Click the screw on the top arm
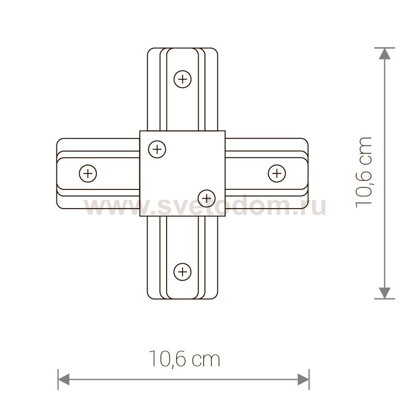(x=183, y=79)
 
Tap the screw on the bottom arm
(x=182, y=272)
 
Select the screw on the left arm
(x=88, y=173)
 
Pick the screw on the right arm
(x=277, y=173)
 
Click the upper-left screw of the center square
(x=157, y=150)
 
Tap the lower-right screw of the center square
(x=206, y=198)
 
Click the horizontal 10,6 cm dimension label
(x=184, y=359)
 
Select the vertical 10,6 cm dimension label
(x=364, y=173)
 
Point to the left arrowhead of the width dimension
(x=64, y=379)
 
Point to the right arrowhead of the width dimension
(x=303, y=379)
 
